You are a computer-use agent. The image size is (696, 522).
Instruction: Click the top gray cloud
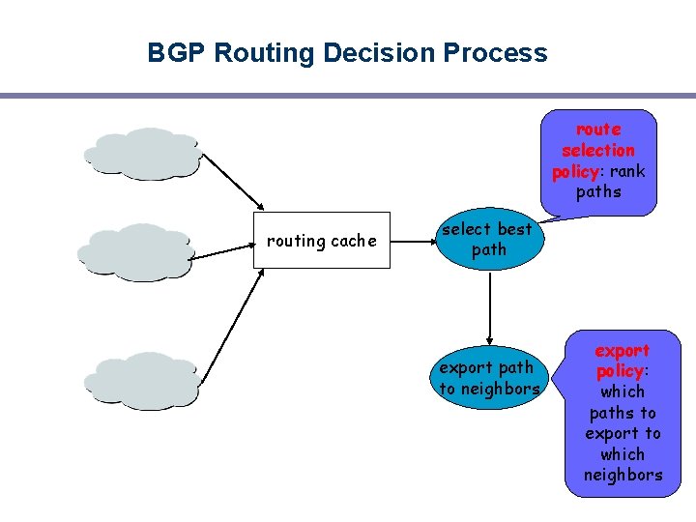tap(143, 154)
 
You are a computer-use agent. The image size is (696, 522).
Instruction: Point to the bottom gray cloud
tap(143, 378)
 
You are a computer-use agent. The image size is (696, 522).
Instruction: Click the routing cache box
tap(321, 241)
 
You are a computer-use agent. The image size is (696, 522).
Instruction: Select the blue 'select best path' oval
tap(487, 240)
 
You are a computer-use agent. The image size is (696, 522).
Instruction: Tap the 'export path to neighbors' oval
tap(489, 378)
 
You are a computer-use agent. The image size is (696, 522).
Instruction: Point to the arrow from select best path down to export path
tap(491, 309)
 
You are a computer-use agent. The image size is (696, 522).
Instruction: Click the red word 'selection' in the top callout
tap(598, 150)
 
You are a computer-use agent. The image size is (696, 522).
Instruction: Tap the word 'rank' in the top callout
tap(626, 171)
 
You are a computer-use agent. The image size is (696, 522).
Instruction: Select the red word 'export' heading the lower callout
tap(622, 350)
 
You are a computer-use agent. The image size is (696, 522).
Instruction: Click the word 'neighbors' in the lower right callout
tap(623, 475)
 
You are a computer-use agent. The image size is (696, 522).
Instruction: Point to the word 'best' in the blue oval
tap(513, 229)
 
